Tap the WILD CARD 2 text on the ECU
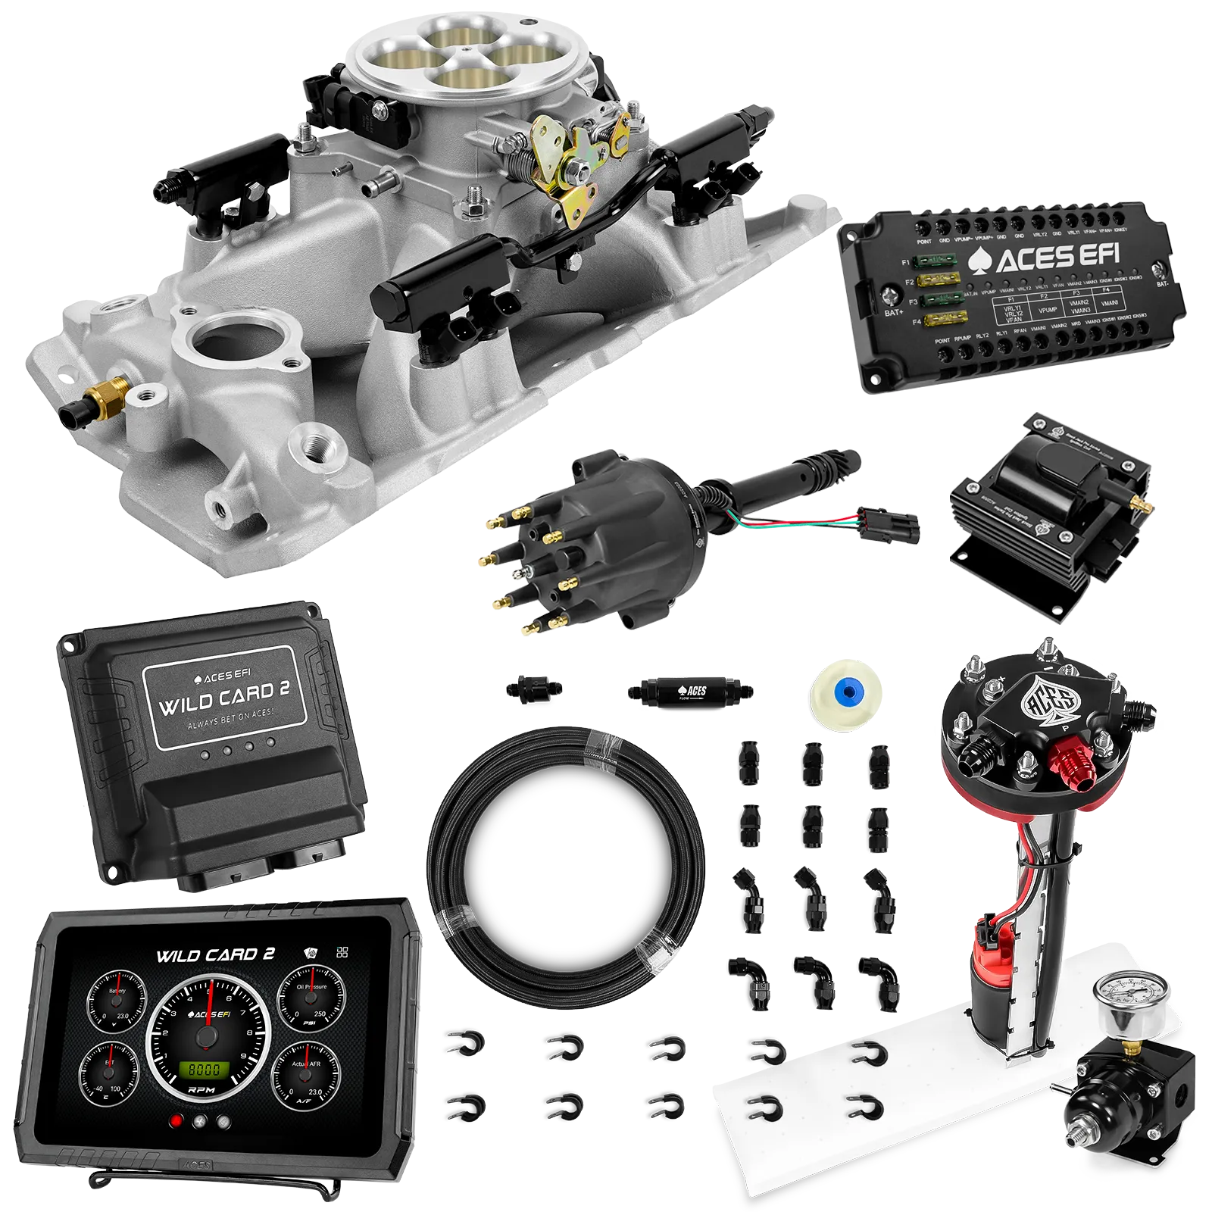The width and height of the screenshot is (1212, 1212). pyautogui.click(x=223, y=698)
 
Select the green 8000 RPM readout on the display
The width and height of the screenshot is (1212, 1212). pyautogui.click(x=204, y=1070)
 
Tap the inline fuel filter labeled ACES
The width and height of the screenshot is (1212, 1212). pyautogui.click(x=689, y=691)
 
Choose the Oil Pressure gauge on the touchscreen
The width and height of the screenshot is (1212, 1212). pyautogui.click(x=311, y=998)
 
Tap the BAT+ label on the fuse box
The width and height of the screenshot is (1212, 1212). pyautogui.click(x=894, y=312)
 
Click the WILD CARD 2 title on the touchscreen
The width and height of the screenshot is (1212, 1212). pyautogui.click(x=215, y=955)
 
